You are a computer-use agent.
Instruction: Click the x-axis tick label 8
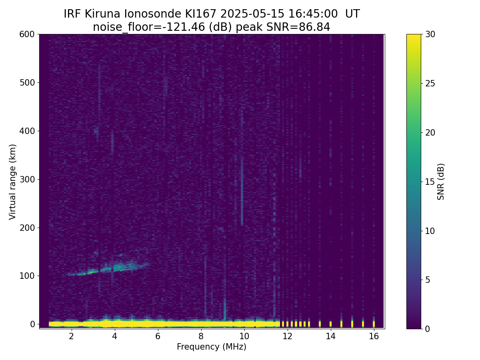[x=201, y=336]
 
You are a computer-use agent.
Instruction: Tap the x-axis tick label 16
[x=374, y=336]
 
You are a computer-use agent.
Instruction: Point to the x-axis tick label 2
[x=71, y=336]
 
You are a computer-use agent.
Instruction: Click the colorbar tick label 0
[x=427, y=329]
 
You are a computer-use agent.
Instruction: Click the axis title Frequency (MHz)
[x=212, y=347]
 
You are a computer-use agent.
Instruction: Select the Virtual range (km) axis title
[x=13, y=182]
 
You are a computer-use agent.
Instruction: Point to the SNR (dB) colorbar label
[x=441, y=182]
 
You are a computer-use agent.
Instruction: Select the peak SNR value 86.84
[x=314, y=27]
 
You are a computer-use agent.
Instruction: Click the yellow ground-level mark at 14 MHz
[x=330, y=324]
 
